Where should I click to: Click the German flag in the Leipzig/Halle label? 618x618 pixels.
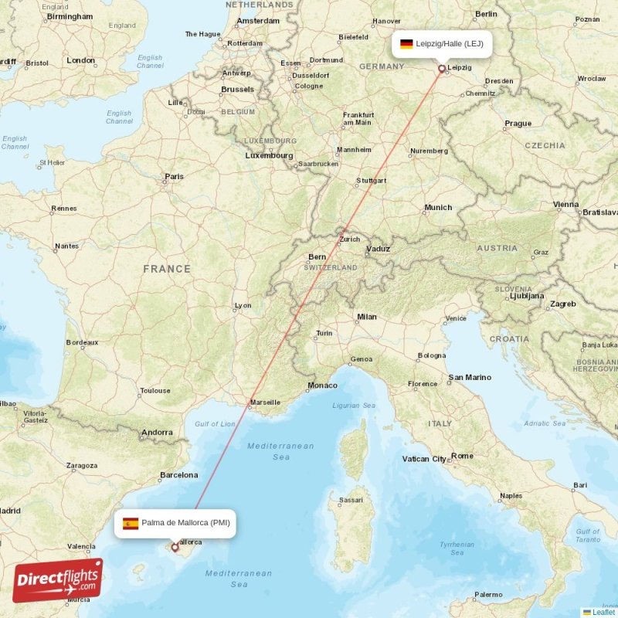[406, 44]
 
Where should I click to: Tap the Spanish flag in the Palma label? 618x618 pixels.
[131, 523]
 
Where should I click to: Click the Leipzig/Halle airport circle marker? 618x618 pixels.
[442, 69]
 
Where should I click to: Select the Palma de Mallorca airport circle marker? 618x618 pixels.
[175, 548]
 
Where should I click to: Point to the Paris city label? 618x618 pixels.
[174, 177]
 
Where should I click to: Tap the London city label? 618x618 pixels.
[80, 60]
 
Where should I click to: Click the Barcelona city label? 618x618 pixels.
[178, 475]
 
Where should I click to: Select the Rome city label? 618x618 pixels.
[462, 456]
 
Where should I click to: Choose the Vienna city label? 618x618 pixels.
[565, 205]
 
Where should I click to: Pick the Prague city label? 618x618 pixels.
[518, 123]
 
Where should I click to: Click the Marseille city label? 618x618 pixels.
[265, 402]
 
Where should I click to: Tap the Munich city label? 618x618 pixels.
[438, 207]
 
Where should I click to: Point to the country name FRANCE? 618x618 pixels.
[166, 269]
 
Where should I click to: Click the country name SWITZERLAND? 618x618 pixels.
[331, 267]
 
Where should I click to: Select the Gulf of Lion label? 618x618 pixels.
[215, 424]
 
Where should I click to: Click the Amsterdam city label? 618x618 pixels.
[258, 21]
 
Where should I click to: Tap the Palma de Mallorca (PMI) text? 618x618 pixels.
[185, 523]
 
